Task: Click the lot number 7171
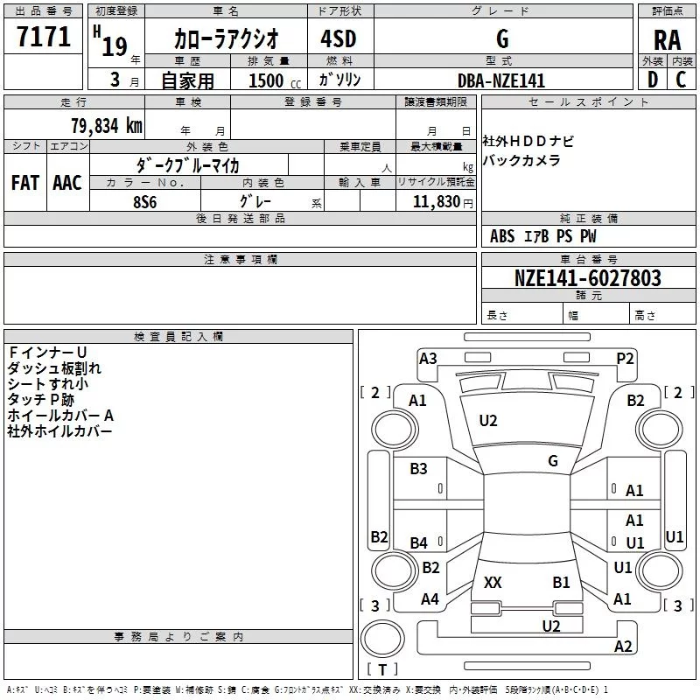point(44,37)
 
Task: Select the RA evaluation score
point(667,39)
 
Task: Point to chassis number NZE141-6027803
point(587,278)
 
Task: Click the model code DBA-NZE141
point(501,80)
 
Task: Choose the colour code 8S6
point(145,201)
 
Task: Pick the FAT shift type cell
point(25,182)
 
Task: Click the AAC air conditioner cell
point(67,182)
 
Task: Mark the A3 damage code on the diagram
point(428,358)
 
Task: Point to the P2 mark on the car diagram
point(625,358)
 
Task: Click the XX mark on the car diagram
point(493,582)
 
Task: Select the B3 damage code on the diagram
point(419,469)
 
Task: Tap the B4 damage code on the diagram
point(419,543)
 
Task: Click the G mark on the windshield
point(553,460)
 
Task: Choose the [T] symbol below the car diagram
point(382,669)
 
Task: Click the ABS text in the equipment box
point(502,236)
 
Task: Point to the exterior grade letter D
point(652,80)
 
